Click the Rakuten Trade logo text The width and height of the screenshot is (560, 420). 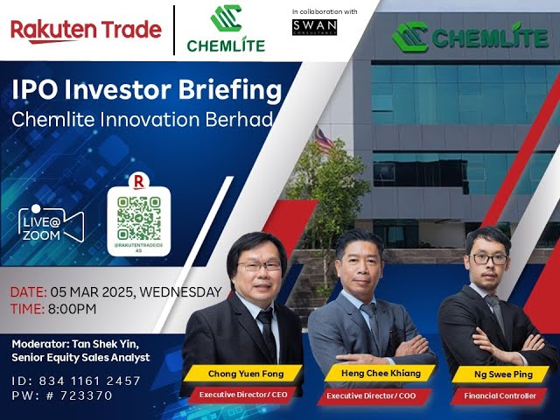pyautogui.click(x=86, y=30)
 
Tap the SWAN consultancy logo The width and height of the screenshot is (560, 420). pyautogui.click(x=315, y=26)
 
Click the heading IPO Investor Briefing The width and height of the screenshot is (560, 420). pyautogui.click(x=146, y=91)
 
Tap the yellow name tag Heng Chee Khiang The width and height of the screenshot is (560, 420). pyautogui.click(x=374, y=374)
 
